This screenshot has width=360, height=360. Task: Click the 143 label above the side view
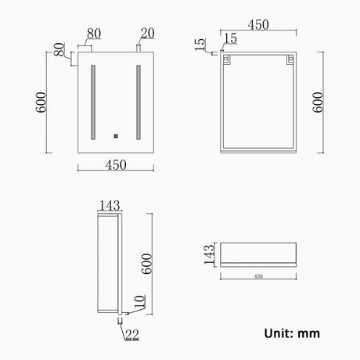click(x=110, y=206)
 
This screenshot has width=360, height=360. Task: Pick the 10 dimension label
click(x=139, y=301)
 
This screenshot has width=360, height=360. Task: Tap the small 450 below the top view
click(x=258, y=275)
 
